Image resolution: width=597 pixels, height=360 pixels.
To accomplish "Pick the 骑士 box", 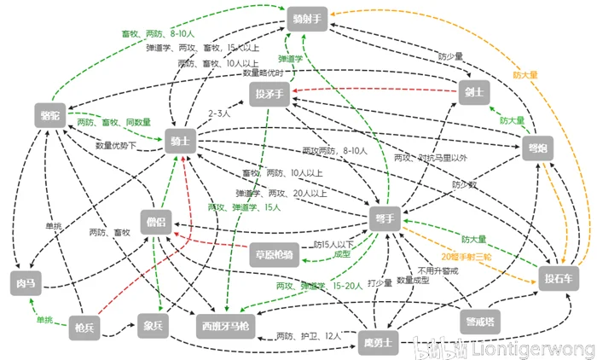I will click(181, 140).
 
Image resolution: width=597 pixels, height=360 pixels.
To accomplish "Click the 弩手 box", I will click(385, 218).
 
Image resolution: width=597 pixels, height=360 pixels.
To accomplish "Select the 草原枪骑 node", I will click(275, 253).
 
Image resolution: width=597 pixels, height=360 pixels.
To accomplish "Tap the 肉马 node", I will click(25, 280).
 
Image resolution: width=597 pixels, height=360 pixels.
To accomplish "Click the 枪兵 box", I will click(84, 326).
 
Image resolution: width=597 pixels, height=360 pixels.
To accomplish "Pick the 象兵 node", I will click(154, 325).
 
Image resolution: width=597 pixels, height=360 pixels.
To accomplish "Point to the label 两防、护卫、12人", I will click(308, 337).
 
